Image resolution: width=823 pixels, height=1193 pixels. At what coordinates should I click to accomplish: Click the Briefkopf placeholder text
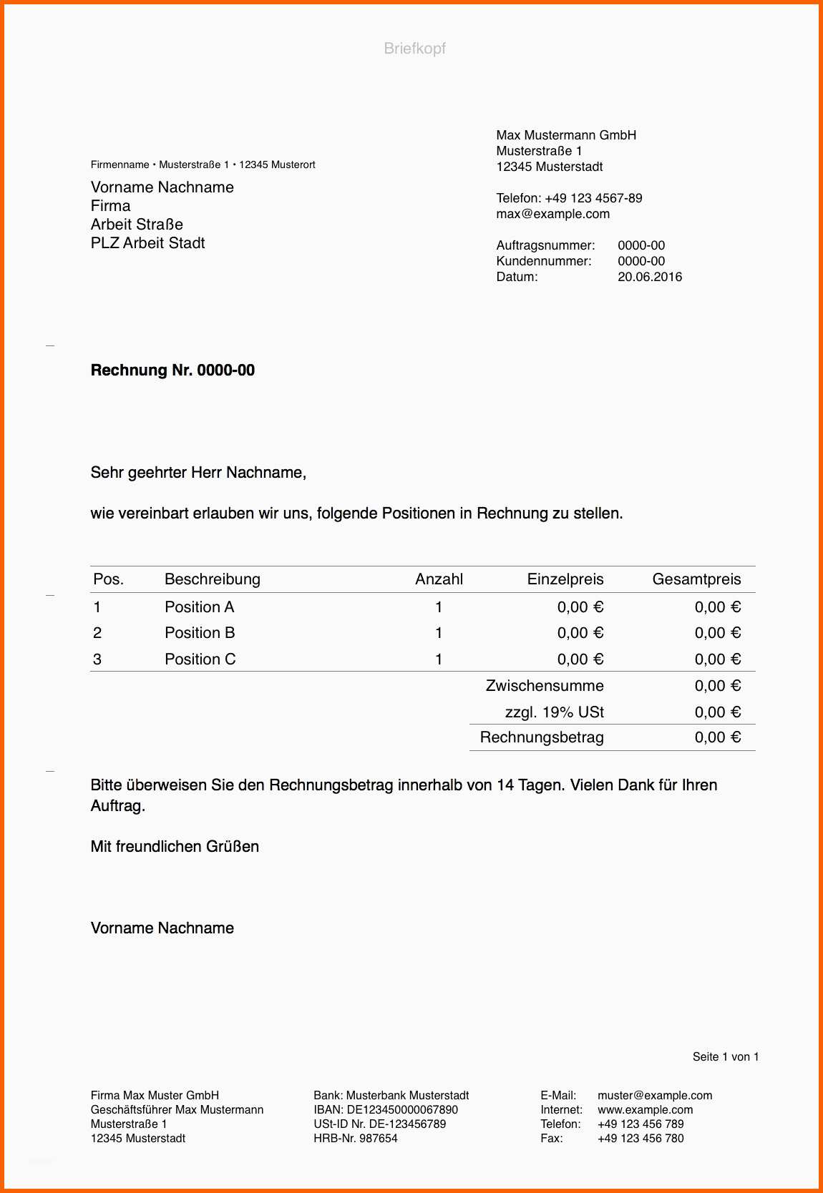pos(414,49)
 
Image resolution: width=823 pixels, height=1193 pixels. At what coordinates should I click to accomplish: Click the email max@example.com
pos(552,214)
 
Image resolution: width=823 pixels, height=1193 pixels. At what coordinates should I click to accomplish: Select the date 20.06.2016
pos(649,277)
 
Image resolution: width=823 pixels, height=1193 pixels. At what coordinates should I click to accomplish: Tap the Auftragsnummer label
pos(545,245)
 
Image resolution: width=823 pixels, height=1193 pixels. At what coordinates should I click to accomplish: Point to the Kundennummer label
pos(544,261)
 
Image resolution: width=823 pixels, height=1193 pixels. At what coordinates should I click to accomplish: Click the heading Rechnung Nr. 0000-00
pos(172,370)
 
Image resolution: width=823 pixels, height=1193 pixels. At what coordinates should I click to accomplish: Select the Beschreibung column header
pos(212,579)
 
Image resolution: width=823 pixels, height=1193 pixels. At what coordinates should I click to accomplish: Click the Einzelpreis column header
pos(565,579)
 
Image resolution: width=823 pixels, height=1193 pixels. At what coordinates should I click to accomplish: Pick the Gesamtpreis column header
pos(696,579)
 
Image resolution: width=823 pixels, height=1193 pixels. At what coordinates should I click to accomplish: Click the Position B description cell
pos(200,633)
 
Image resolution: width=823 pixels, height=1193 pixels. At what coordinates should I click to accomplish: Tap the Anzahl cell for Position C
pos(439,659)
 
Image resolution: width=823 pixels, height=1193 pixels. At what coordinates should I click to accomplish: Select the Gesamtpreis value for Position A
pos(717,607)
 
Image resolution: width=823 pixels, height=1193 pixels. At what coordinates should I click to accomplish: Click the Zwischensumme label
pos(544,686)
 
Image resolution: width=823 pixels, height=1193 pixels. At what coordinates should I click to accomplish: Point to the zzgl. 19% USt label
pos(554,712)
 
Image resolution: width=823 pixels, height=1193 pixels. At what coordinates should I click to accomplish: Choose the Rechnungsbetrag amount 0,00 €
pos(717,737)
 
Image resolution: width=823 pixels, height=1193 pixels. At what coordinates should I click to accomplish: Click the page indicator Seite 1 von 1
pos(725,1057)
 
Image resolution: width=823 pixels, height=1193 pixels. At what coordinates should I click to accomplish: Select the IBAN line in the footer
pos(385,1110)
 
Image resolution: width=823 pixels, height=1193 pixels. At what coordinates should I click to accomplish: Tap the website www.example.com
pos(645,1110)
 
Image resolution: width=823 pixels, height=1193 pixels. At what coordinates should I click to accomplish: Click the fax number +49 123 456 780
pos(641,1139)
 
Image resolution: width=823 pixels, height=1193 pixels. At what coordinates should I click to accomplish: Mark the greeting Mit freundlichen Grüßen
pos(175,847)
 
